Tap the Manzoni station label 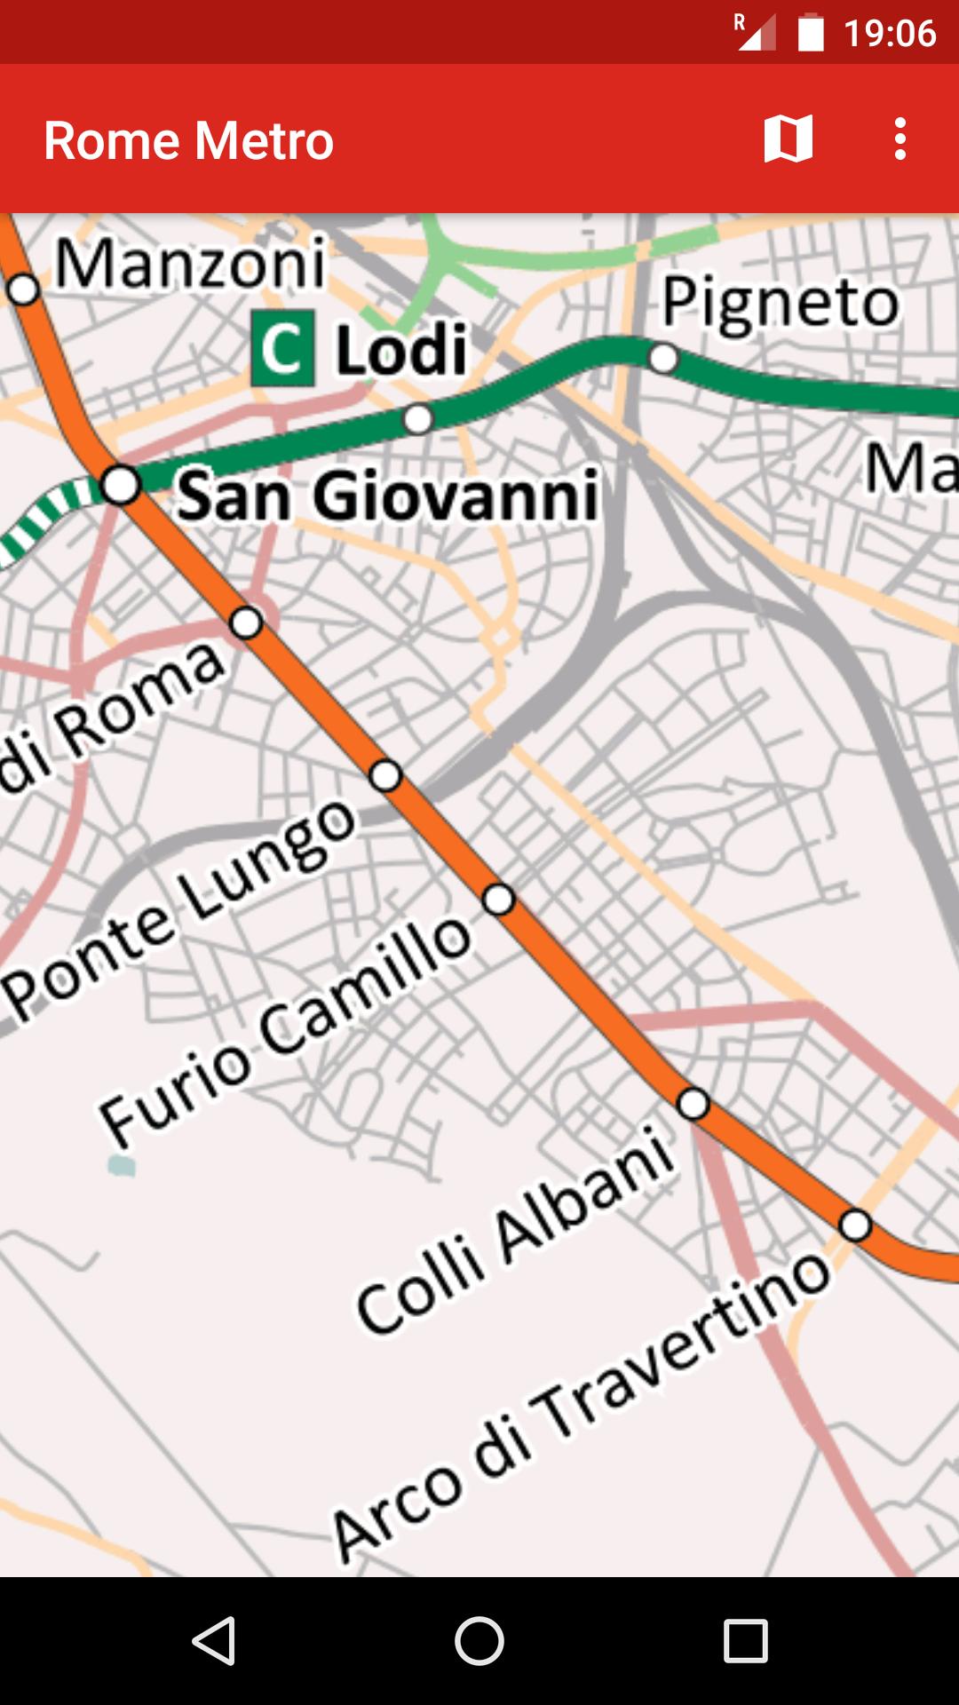(x=191, y=264)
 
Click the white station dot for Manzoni (x=23, y=289)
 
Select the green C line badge (x=282, y=348)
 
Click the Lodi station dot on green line (x=418, y=418)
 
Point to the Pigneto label (x=781, y=303)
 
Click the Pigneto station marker (x=663, y=359)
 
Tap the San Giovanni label (x=387, y=495)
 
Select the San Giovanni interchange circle (x=121, y=485)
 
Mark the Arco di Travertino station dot (x=855, y=1225)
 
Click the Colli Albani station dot (x=693, y=1104)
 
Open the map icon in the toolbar (x=788, y=139)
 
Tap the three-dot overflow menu (x=900, y=139)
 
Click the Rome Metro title (x=188, y=140)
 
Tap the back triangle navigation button (x=213, y=1639)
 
